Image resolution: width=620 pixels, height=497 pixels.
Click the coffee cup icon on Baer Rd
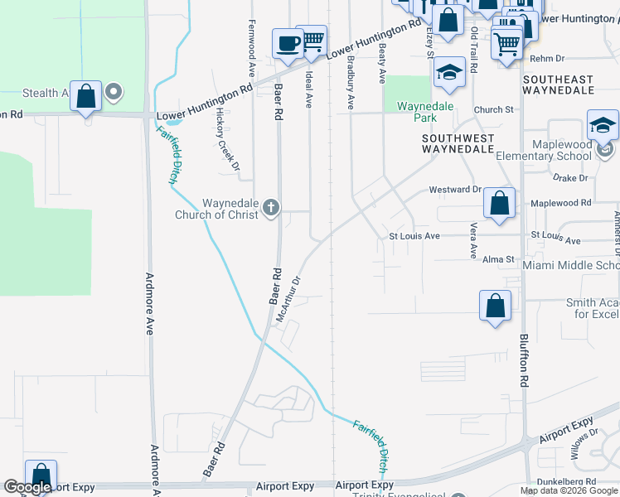(288, 43)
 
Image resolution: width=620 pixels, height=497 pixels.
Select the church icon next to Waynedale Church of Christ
(271, 208)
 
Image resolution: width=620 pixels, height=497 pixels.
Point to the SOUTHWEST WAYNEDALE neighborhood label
(458, 143)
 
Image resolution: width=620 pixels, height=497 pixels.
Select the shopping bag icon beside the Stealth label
(86, 96)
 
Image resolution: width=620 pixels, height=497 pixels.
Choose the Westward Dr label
(455, 190)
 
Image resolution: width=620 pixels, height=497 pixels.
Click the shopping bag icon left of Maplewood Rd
(499, 203)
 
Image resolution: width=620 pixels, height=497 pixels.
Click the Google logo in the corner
(27, 487)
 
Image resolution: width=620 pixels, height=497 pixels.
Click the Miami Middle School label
(571, 265)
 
